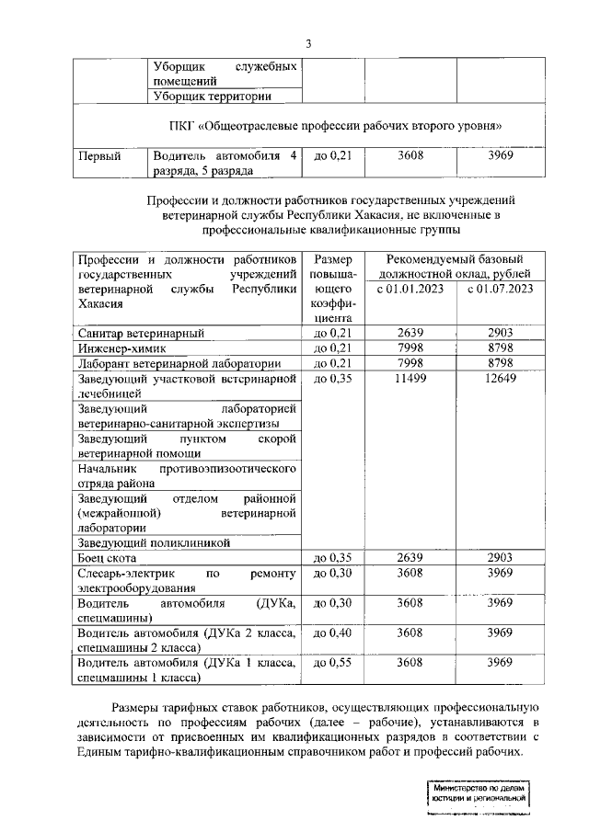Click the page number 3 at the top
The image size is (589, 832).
click(309, 43)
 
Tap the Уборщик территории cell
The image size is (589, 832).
click(212, 96)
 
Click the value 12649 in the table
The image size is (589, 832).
click(500, 379)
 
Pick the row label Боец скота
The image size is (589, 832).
click(108, 557)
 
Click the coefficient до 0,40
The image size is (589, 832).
click(333, 633)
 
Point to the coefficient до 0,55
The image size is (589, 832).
click(333, 663)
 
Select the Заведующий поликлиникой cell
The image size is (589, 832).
click(154, 542)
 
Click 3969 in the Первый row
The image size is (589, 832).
click(500, 156)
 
